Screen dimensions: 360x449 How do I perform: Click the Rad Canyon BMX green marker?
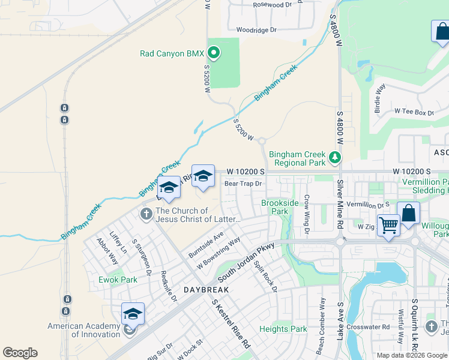213,53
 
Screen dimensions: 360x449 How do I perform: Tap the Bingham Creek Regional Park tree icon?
335,158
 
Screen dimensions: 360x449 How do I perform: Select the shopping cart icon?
388,226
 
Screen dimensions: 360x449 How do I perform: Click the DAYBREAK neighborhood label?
206,289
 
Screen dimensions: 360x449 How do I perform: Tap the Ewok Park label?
118,280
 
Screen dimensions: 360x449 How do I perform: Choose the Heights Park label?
283,329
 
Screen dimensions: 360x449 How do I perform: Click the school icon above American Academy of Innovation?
133,313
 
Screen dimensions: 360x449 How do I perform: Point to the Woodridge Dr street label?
256,29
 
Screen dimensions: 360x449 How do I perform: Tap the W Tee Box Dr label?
414,112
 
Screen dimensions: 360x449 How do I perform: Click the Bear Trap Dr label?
243,184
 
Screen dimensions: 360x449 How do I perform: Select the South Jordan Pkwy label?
246,262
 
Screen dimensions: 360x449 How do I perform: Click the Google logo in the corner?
20,353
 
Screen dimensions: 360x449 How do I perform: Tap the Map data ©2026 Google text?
412,355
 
